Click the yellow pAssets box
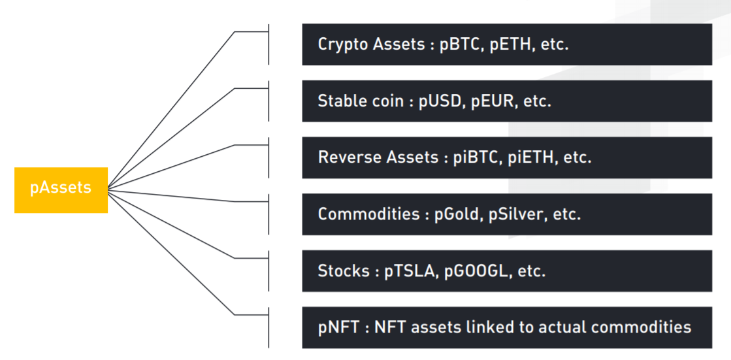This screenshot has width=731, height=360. click(x=61, y=189)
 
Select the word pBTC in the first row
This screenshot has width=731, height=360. click(x=462, y=45)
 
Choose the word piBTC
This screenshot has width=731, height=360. click(x=477, y=157)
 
